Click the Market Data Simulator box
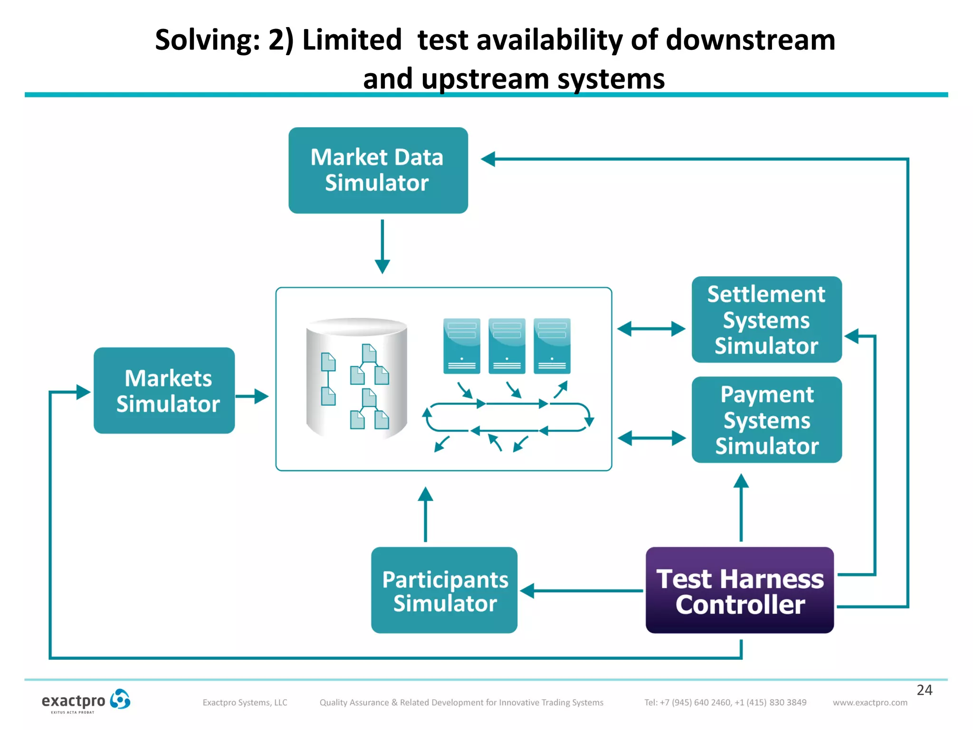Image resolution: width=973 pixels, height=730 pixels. [378, 170]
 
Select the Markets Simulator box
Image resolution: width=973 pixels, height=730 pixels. [164, 390]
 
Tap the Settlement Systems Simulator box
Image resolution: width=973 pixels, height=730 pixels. [766, 319]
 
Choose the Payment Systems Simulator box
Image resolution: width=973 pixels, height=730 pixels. [766, 420]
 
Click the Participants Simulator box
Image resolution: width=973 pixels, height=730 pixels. [444, 590]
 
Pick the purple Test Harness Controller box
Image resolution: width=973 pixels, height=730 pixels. [740, 590]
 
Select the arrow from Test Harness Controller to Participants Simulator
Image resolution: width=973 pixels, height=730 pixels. [582, 591]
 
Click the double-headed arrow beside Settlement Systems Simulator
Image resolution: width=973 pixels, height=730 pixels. [651, 328]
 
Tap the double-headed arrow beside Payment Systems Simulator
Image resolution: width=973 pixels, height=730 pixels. [651, 438]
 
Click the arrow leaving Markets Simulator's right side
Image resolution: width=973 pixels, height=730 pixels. [252, 396]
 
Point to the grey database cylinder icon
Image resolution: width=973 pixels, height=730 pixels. [356, 378]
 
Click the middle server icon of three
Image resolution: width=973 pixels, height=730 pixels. [506, 346]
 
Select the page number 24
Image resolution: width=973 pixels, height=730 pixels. [924, 690]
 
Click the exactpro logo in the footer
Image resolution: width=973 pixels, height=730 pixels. [86, 701]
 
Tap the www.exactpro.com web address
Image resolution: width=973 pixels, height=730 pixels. [870, 702]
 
